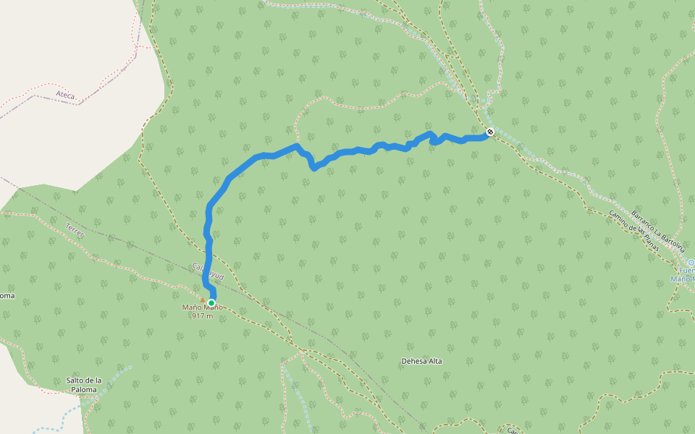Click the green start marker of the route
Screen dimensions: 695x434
pos(211,303)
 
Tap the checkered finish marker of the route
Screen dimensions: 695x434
pos(490,132)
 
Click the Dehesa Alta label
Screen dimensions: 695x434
pos(421,361)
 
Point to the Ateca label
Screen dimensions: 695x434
pos(65,95)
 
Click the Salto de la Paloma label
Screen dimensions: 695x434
pos(83,385)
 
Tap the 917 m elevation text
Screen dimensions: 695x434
pos(203,315)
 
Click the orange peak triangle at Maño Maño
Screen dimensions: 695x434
pos(202,299)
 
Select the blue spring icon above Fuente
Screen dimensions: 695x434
pos(691,263)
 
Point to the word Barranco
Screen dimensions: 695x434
pos(644,221)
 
